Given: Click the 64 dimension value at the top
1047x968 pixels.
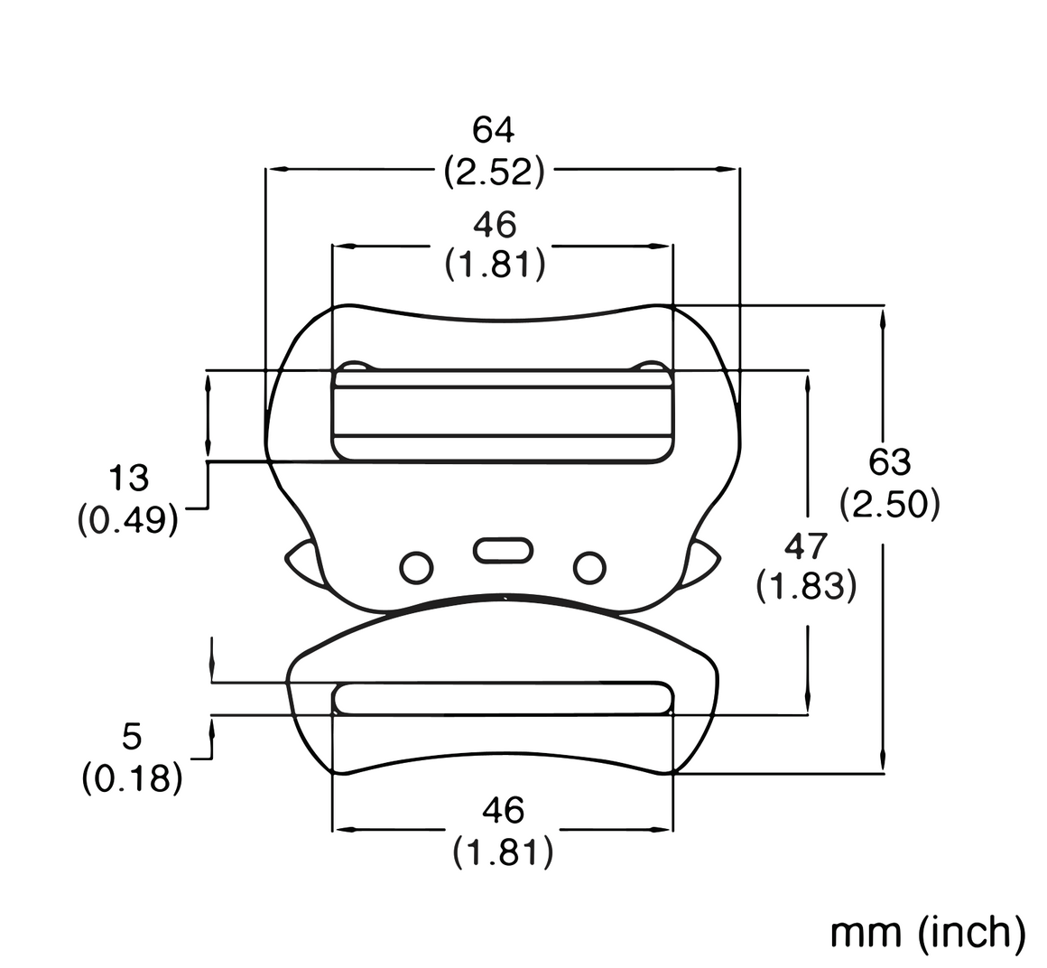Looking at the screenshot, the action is pyautogui.click(x=494, y=130).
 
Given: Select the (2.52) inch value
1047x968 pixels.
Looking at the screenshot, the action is pyautogui.click(x=495, y=172).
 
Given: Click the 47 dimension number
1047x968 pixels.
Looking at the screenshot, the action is pyautogui.click(x=806, y=545).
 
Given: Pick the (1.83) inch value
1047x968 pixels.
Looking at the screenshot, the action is pyautogui.click(x=806, y=588).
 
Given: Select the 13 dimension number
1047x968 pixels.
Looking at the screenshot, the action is pyautogui.click(x=128, y=479).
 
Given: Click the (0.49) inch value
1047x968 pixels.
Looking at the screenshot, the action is pyautogui.click(x=128, y=520).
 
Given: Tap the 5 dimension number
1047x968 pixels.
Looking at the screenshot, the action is pyautogui.click(x=132, y=737).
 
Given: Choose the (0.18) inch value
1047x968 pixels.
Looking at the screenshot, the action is pyautogui.click(x=132, y=778).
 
